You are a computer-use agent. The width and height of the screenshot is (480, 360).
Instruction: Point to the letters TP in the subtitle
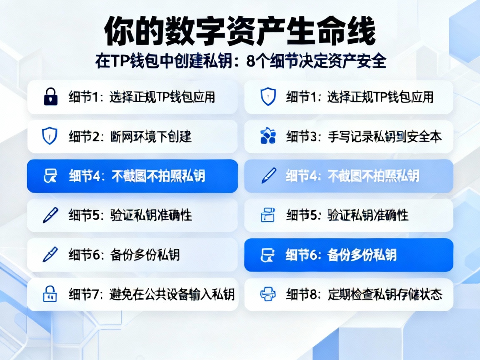point(117,61)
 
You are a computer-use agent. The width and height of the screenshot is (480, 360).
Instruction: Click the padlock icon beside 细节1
point(50,97)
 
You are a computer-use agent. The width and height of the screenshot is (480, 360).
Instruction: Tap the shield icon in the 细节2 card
point(50,137)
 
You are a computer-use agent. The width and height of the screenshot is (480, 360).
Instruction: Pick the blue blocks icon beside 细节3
point(267,137)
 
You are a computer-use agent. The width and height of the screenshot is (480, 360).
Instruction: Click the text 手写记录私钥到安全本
point(385,137)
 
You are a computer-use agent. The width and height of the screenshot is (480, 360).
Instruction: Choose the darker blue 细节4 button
point(132,176)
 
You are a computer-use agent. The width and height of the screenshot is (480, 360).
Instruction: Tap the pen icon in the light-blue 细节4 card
point(267,176)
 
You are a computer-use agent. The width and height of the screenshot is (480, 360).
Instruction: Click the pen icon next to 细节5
point(50,215)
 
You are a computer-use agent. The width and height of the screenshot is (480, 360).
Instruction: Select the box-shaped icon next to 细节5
point(267,215)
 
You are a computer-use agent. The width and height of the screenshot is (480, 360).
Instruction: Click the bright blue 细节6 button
point(348,255)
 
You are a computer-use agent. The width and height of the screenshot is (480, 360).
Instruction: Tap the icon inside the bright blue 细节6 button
point(267,255)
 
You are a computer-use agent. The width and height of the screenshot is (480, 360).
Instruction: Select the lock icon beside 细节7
point(50,295)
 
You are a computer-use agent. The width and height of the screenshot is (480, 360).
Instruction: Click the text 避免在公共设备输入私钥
point(172,295)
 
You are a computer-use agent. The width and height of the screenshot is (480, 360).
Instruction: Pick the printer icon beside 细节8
point(267,295)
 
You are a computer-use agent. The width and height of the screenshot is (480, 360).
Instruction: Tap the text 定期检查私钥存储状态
point(385,295)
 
